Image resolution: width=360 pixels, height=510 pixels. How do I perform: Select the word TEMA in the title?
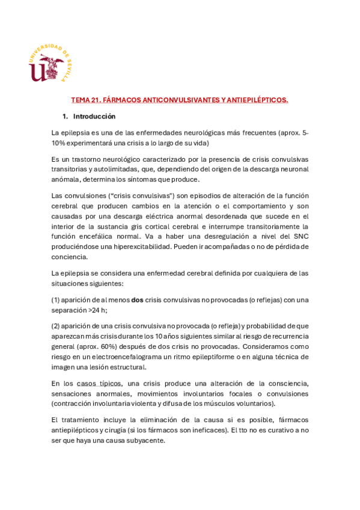(x=79, y=100)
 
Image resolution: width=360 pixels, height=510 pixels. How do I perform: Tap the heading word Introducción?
(x=94, y=116)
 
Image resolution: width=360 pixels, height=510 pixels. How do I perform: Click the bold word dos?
(x=137, y=300)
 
